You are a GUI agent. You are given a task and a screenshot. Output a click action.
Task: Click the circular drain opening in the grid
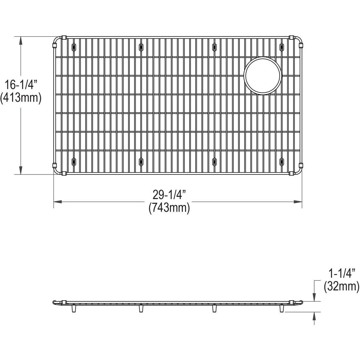pyautogui.click(x=263, y=75)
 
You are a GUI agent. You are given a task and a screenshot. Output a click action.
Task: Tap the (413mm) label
pyautogui.click(x=20, y=98)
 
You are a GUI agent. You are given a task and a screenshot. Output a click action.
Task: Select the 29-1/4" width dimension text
pyautogui.click(x=169, y=195)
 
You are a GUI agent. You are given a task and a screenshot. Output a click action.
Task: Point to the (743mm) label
pyautogui.click(x=169, y=208)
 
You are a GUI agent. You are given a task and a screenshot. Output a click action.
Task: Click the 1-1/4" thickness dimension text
pyautogui.click(x=341, y=273)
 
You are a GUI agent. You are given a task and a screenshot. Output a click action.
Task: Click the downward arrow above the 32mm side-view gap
pyautogui.click(x=314, y=297)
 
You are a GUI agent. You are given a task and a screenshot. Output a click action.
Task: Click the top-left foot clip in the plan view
pyautogui.click(x=73, y=46)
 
